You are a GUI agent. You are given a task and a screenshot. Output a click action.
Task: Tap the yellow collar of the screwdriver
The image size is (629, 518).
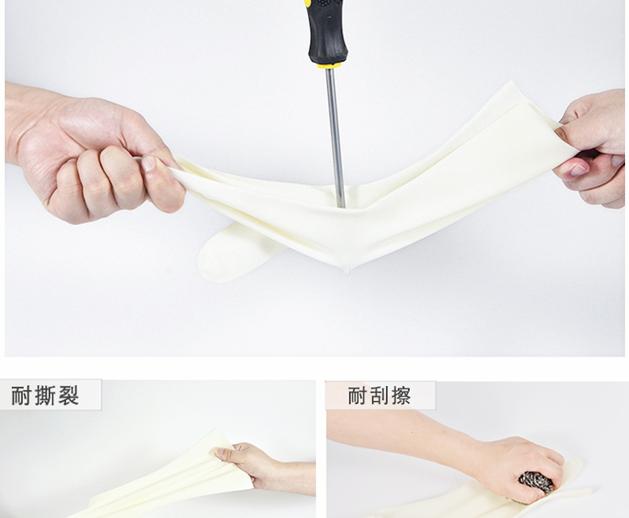329,65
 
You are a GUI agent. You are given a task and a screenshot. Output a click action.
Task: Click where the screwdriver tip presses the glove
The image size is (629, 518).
341,205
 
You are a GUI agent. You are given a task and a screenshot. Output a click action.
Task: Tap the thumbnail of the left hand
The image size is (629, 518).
148,163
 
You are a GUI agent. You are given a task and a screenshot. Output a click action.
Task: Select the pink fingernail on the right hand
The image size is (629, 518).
578,169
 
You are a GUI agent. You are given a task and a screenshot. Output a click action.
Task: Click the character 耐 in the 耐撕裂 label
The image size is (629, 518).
21,395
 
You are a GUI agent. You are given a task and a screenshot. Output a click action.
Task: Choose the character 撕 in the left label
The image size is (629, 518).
45,395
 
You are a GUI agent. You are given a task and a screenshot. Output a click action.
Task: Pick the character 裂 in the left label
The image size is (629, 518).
68,395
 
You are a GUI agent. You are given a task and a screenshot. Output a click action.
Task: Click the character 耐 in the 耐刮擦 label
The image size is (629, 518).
357,396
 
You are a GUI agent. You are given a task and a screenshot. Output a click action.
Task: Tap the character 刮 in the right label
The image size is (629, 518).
379,396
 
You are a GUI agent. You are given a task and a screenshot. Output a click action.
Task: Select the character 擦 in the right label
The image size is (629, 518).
400,396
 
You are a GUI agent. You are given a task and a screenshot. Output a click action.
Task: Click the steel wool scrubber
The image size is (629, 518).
537,485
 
